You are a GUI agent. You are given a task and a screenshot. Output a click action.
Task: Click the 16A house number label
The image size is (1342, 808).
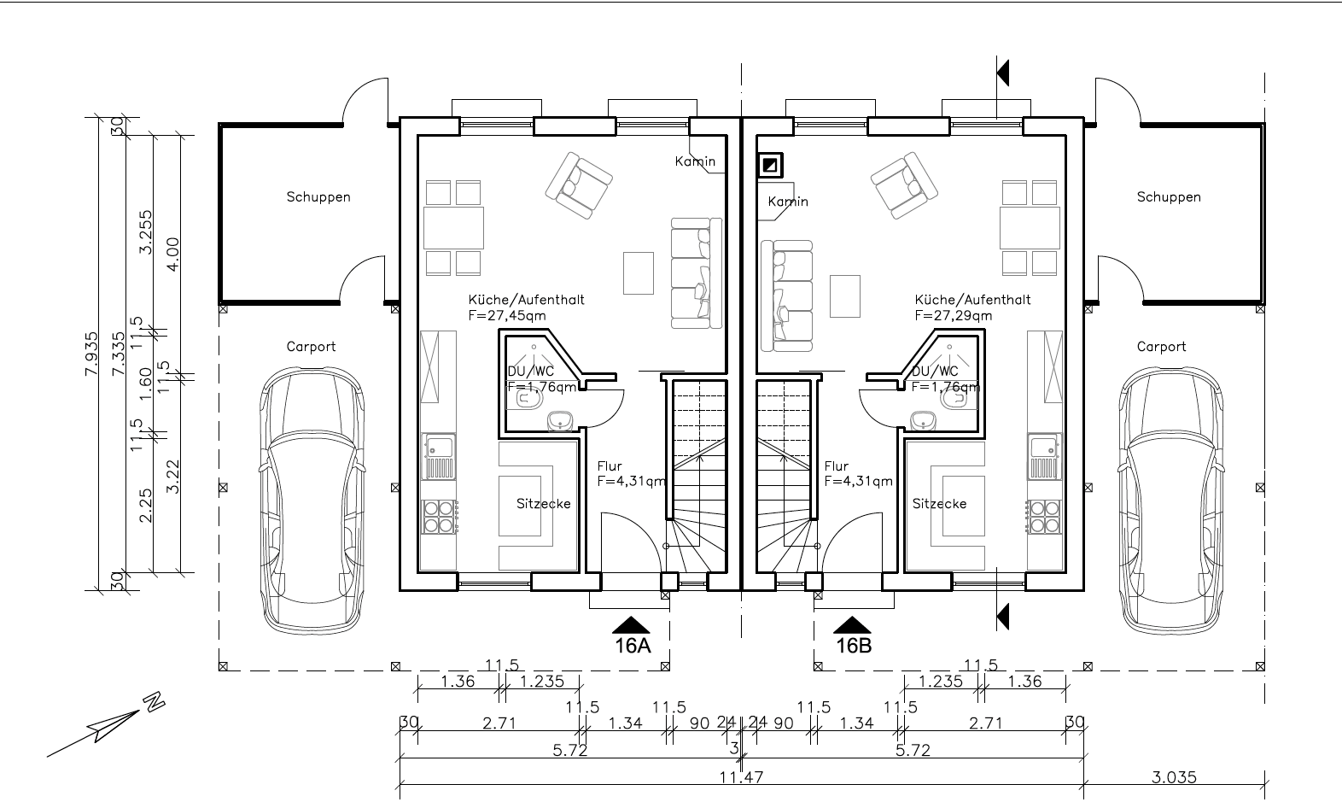(x=633, y=645)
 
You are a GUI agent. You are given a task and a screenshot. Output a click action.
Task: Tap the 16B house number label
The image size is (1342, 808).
(x=854, y=645)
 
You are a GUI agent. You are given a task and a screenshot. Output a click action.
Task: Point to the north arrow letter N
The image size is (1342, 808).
(x=154, y=701)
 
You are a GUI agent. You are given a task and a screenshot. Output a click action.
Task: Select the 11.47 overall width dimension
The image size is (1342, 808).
(x=741, y=777)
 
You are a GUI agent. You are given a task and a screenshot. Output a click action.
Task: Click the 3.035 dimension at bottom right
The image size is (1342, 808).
(x=1175, y=777)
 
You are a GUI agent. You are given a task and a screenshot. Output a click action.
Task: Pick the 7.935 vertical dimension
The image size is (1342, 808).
(x=91, y=354)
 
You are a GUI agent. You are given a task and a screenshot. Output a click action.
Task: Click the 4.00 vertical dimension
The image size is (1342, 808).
(x=172, y=255)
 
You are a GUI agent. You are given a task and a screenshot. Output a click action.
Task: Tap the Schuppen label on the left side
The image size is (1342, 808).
(x=318, y=196)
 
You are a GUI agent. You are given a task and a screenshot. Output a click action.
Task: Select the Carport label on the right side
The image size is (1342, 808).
(x=1162, y=347)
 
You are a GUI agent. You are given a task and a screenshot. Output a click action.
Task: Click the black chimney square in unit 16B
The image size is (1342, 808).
(x=770, y=165)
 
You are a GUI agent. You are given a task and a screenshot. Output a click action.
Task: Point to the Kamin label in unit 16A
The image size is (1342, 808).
(x=695, y=161)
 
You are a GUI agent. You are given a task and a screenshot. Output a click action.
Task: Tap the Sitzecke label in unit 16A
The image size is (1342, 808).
(x=544, y=503)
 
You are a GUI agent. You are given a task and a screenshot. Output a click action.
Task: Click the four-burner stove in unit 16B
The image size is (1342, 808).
(x=1044, y=517)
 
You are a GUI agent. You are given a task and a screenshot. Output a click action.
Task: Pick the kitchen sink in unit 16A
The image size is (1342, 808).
(x=440, y=457)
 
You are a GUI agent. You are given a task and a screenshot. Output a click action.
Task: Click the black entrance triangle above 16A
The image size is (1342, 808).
(x=631, y=624)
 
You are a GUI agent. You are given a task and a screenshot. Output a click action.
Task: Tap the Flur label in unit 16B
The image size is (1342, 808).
(x=837, y=465)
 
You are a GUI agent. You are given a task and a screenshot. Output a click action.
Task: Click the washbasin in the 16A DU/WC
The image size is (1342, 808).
(x=561, y=420)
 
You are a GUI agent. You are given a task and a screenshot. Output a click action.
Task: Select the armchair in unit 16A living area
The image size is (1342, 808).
(x=579, y=184)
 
